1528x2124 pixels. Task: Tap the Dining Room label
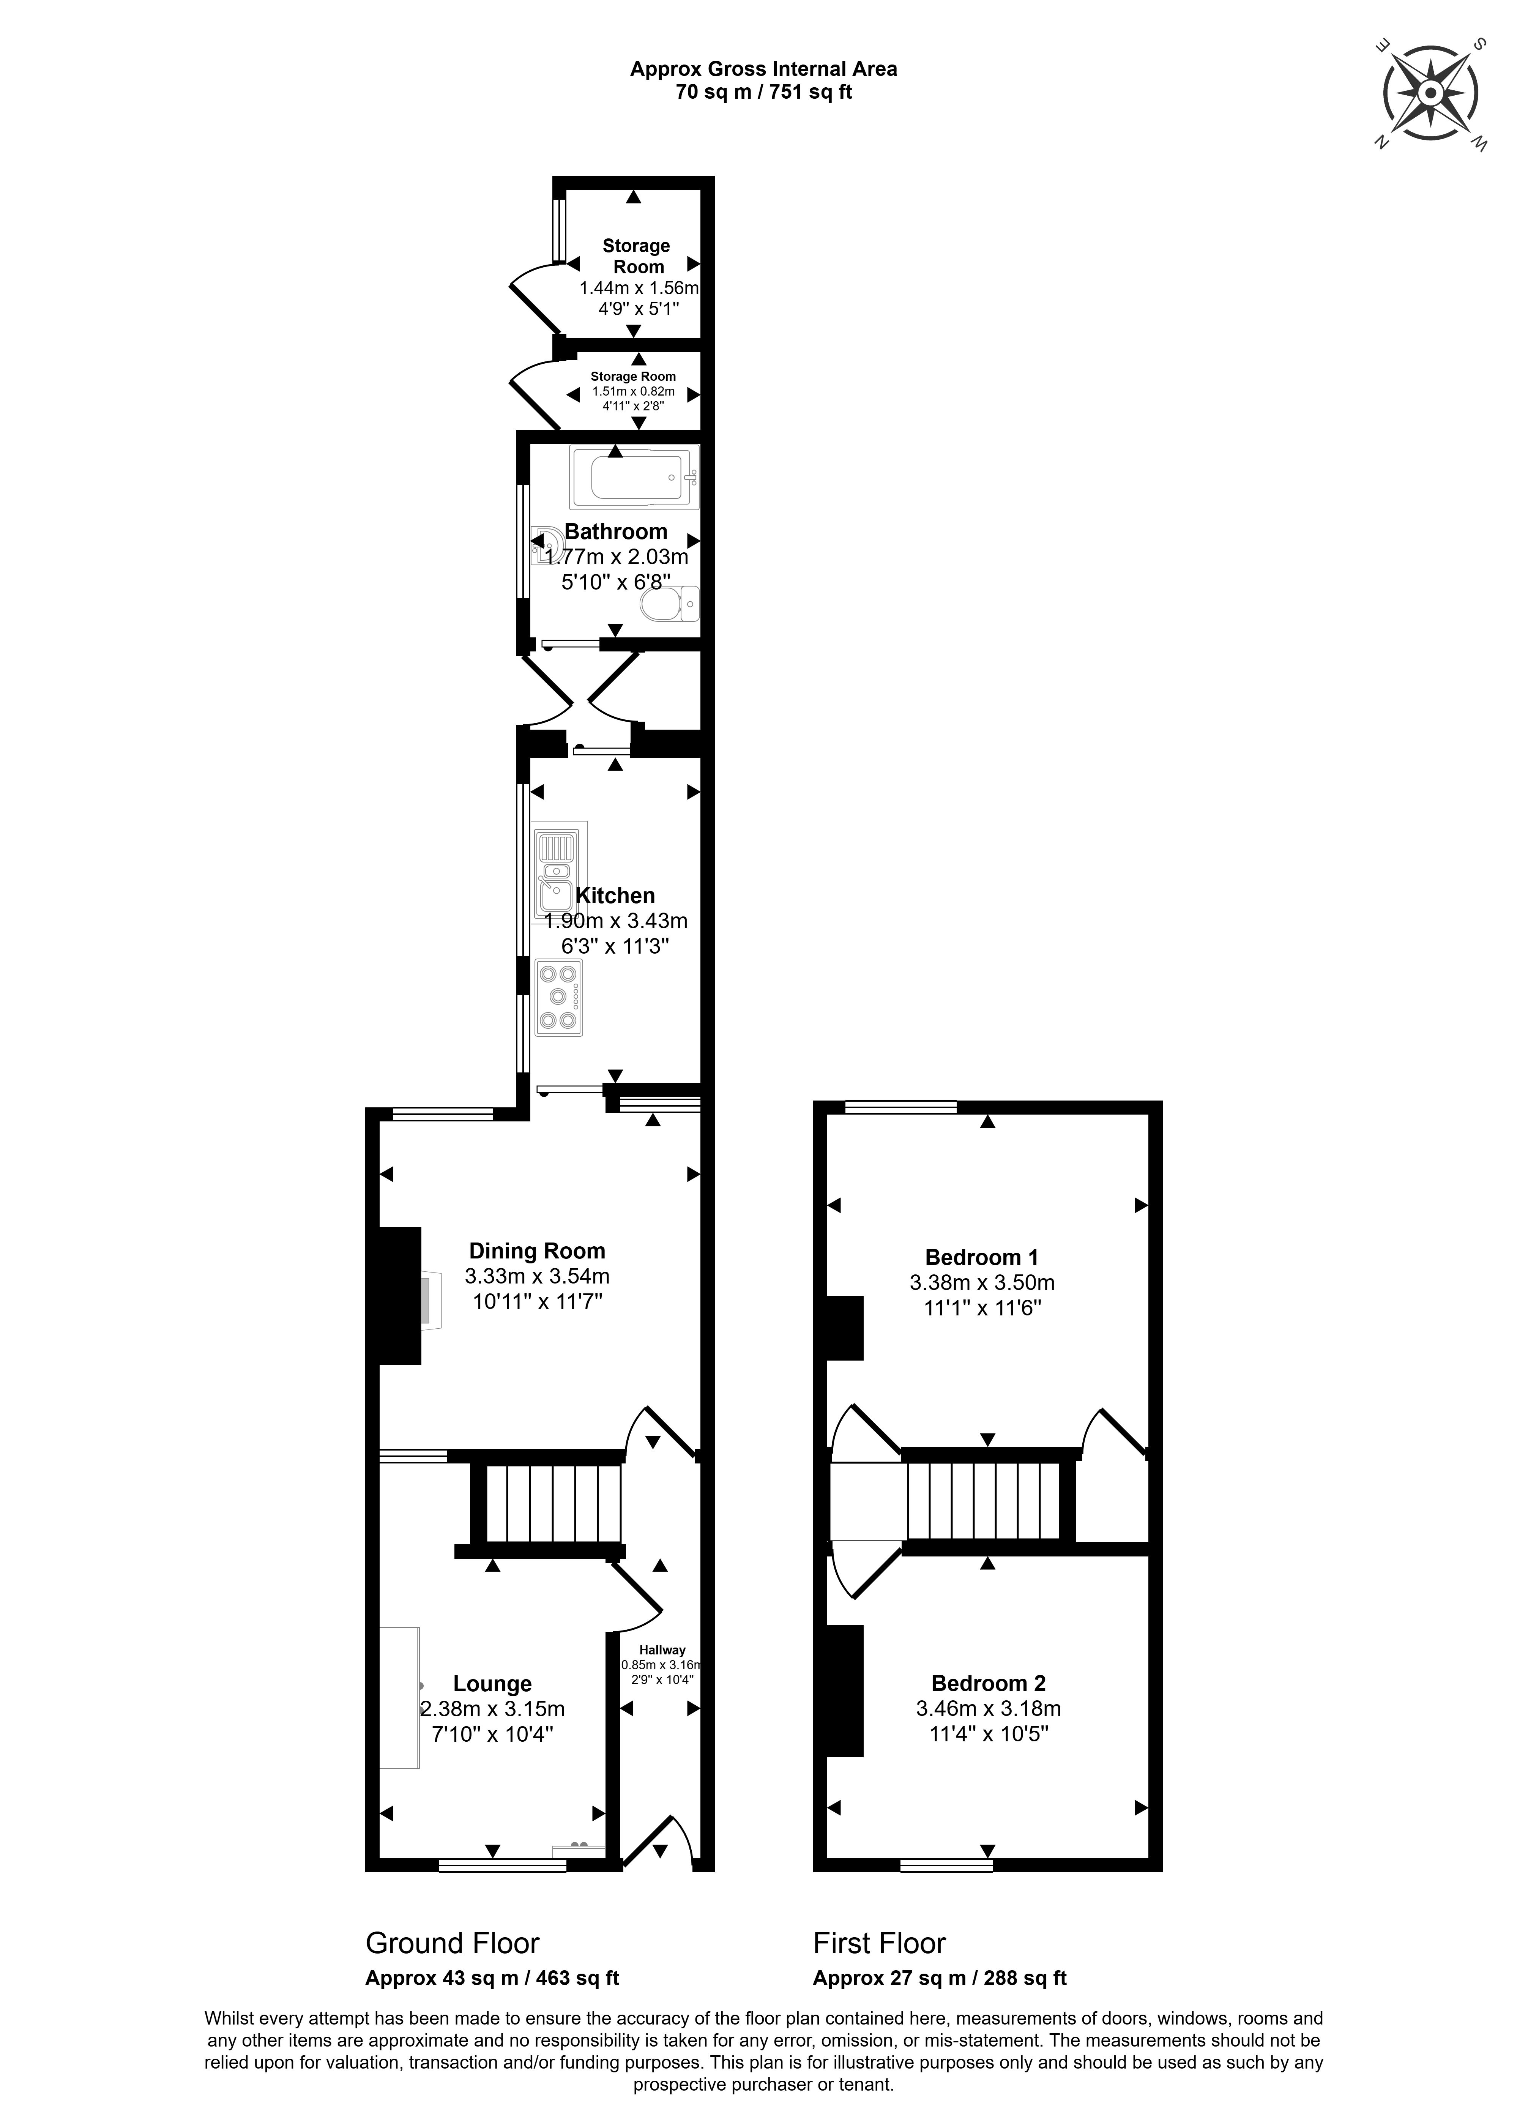pos(536,1250)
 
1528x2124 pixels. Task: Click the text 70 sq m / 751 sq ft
pos(763,92)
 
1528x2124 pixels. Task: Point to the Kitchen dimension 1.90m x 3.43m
pos(615,921)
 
